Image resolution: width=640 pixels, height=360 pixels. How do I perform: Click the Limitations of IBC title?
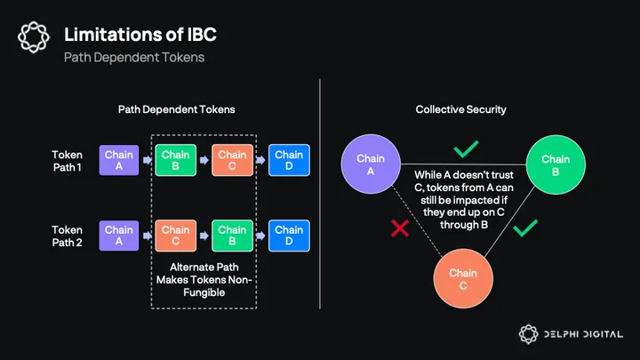pyautogui.click(x=140, y=35)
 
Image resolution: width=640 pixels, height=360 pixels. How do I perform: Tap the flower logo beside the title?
pyautogui.click(x=34, y=37)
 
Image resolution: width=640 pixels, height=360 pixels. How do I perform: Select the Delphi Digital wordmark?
pyautogui.click(x=583, y=334)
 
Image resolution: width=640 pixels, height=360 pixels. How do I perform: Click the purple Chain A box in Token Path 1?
pyautogui.click(x=119, y=160)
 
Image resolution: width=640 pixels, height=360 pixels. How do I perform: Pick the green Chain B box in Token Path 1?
pyautogui.click(x=175, y=160)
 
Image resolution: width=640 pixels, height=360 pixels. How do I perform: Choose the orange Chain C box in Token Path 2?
pyautogui.click(x=175, y=236)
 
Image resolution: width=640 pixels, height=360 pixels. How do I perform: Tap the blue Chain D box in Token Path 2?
pyautogui.click(x=289, y=236)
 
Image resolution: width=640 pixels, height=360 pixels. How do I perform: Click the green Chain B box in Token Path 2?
pyautogui.click(x=232, y=236)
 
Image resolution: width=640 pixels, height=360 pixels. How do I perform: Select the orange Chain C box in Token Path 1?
pyautogui.click(x=232, y=160)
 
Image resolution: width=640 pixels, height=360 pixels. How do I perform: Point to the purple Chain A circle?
pyautogui.click(x=371, y=164)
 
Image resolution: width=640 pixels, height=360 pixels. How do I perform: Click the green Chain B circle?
pyautogui.click(x=556, y=165)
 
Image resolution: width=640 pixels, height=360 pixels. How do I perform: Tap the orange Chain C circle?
pyautogui.click(x=463, y=279)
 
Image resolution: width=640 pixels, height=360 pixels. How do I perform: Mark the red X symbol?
pyautogui.click(x=400, y=228)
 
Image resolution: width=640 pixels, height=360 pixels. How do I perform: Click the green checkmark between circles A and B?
pyautogui.click(x=466, y=149)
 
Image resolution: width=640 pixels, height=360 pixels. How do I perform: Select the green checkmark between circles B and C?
pyautogui.click(x=525, y=228)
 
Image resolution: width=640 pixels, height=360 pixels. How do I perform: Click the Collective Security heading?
pyautogui.click(x=460, y=109)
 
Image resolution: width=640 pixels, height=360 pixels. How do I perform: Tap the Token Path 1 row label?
pyautogui.click(x=68, y=161)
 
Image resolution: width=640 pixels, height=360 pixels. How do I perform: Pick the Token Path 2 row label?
pyautogui.click(x=68, y=236)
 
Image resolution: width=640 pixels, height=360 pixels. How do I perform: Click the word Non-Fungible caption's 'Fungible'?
pyautogui.click(x=204, y=292)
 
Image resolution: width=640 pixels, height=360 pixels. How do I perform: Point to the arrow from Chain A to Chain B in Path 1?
pyautogui.click(x=148, y=160)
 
